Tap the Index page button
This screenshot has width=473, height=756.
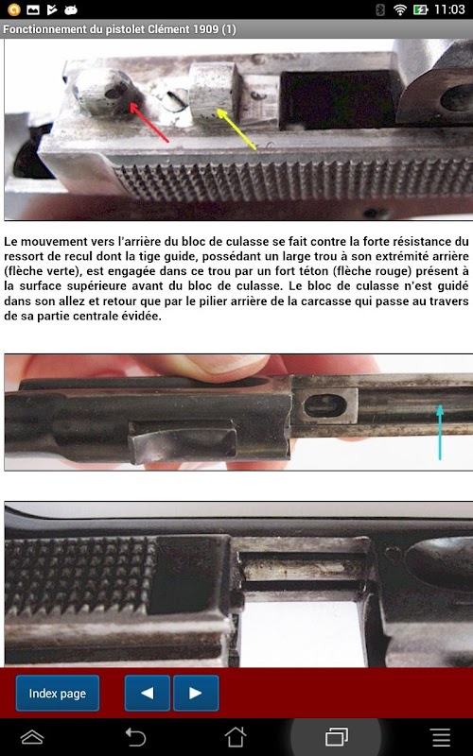(x=58, y=694)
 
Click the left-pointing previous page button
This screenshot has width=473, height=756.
(x=148, y=694)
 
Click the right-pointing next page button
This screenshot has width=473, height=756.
(x=196, y=694)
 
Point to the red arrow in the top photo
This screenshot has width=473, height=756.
(x=149, y=123)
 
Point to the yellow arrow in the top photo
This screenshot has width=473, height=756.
(x=236, y=129)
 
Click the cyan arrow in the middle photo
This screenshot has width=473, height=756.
(x=440, y=432)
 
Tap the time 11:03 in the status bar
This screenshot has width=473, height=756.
(x=449, y=9)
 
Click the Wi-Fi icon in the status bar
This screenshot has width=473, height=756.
(x=399, y=9)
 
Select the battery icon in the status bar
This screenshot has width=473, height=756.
(x=420, y=9)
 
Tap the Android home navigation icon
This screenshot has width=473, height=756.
(x=236, y=737)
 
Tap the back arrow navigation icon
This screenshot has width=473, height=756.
(x=135, y=737)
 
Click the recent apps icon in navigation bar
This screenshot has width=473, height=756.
(x=337, y=737)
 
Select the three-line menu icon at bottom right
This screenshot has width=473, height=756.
(x=441, y=737)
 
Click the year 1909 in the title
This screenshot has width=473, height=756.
(x=205, y=29)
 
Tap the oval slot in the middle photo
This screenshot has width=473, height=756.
(x=325, y=406)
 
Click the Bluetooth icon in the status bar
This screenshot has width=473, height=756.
(x=380, y=9)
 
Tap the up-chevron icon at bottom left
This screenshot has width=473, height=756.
(x=32, y=737)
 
